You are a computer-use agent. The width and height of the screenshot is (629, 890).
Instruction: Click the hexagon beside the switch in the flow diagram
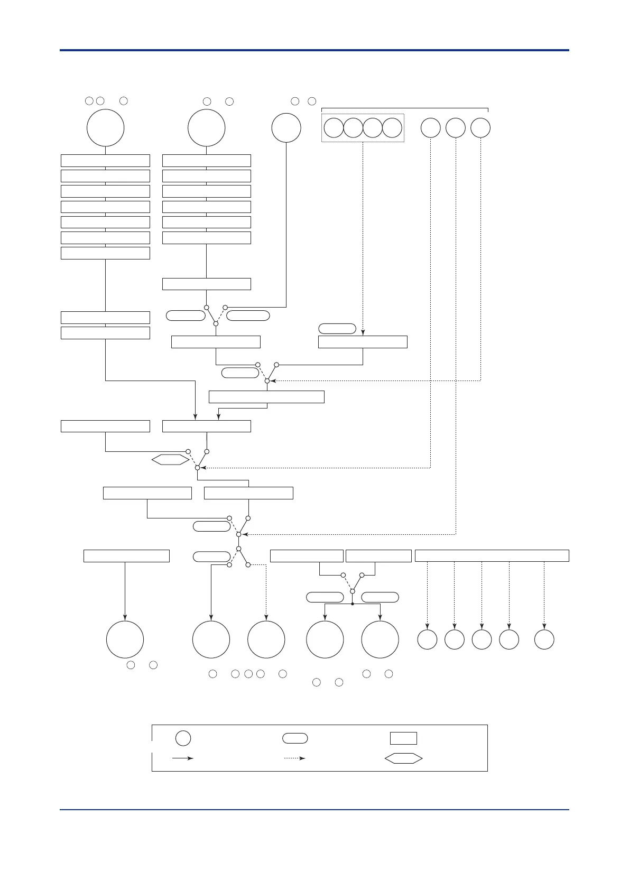coord(170,460)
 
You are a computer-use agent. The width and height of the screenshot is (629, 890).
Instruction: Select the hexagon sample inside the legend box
coord(403,758)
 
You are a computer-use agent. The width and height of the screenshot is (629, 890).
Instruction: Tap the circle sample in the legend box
coord(183,738)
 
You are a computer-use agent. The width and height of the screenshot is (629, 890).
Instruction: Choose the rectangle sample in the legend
coord(403,738)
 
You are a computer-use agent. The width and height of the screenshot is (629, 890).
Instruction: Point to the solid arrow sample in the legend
coord(183,758)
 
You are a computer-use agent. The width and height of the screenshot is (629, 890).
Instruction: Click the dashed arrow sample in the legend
coord(294,758)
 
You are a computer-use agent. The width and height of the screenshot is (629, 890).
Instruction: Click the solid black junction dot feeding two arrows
coord(352,604)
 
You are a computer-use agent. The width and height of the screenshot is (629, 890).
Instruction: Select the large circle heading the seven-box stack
coord(105,128)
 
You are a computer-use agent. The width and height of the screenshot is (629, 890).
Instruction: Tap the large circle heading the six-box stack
coord(206,128)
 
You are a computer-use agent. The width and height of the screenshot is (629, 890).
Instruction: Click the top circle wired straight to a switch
coord(286,128)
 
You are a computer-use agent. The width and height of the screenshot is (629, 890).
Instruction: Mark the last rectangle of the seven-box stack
coord(105,253)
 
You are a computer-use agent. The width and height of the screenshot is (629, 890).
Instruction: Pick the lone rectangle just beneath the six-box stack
coord(206,284)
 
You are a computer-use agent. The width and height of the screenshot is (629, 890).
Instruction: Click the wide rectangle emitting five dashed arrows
coord(492,555)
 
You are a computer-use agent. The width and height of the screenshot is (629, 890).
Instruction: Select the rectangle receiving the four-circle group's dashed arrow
coord(363,342)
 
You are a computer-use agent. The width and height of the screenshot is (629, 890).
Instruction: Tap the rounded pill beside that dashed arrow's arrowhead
coord(337,329)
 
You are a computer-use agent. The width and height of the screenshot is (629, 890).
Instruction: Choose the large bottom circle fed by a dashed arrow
coord(266,639)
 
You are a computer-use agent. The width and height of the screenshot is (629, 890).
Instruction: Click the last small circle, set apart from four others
coord(544,639)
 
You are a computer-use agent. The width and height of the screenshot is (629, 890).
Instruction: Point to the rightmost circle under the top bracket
coord(480,128)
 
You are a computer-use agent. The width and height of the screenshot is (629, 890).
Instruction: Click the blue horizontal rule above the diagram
coord(314,50)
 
